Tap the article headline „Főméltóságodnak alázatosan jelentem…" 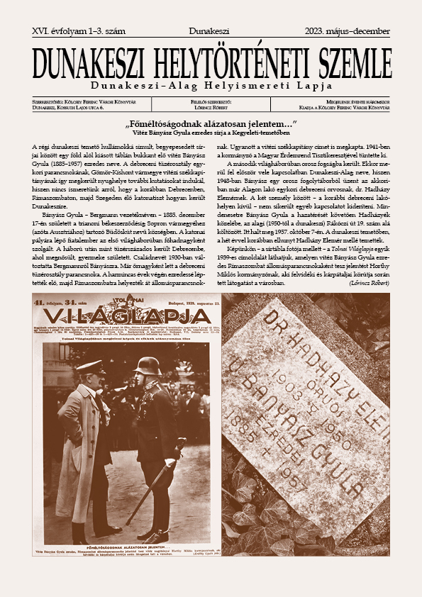pyautogui.click(x=211, y=125)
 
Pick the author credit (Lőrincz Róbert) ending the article pyautogui.click(x=369, y=283)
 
